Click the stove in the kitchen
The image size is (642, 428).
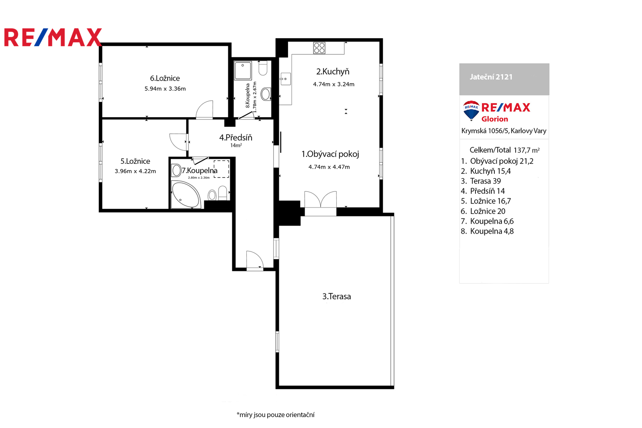pos(319,48)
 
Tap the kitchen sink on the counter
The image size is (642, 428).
pos(285,79)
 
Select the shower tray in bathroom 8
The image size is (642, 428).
pos(243,70)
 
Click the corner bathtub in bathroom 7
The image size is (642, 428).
pos(185,194)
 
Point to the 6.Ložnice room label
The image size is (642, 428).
pos(165,78)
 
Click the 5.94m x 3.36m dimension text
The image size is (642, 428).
pos(165,89)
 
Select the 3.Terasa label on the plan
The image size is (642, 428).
pos(337,296)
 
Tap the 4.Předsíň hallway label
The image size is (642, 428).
pos(236,137)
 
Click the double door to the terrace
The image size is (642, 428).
pos(321,199)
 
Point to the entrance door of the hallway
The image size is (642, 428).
pos(255,260)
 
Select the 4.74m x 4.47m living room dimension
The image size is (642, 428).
pos(329,167)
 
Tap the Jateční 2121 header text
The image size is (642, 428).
pos(491,77)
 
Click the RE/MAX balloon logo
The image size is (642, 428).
pos(471,110)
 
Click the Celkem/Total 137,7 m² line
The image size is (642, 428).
pos(504,150)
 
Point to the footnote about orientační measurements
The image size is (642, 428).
pos(275,415)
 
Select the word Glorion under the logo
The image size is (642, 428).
pos(495,119)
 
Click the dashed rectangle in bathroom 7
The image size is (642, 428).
pos(221,169)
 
